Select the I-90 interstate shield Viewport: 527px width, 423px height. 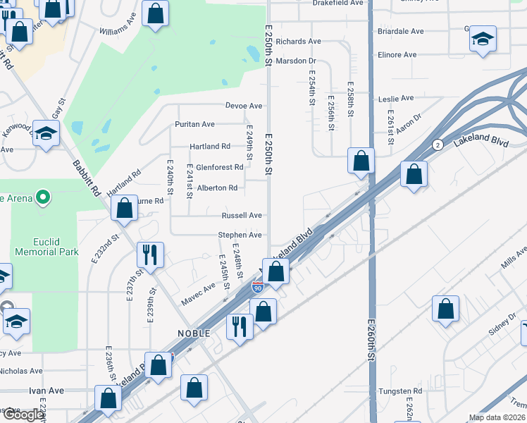tap(258, 287)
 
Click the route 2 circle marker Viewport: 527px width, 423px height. tap(438, 145)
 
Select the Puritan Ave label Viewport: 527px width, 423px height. tap(194, 125)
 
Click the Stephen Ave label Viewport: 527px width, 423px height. tap(240, 235)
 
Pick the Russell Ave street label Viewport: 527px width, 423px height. tap(242, 216)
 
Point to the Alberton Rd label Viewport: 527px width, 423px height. tap(217, 188)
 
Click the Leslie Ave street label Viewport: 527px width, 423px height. tap(396, 99)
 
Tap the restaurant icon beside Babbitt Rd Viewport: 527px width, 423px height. tap(149, 255)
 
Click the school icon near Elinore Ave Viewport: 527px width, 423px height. tap(483, 38)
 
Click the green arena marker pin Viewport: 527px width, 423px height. tap(43, 197)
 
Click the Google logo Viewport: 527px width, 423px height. tap(23, 415)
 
